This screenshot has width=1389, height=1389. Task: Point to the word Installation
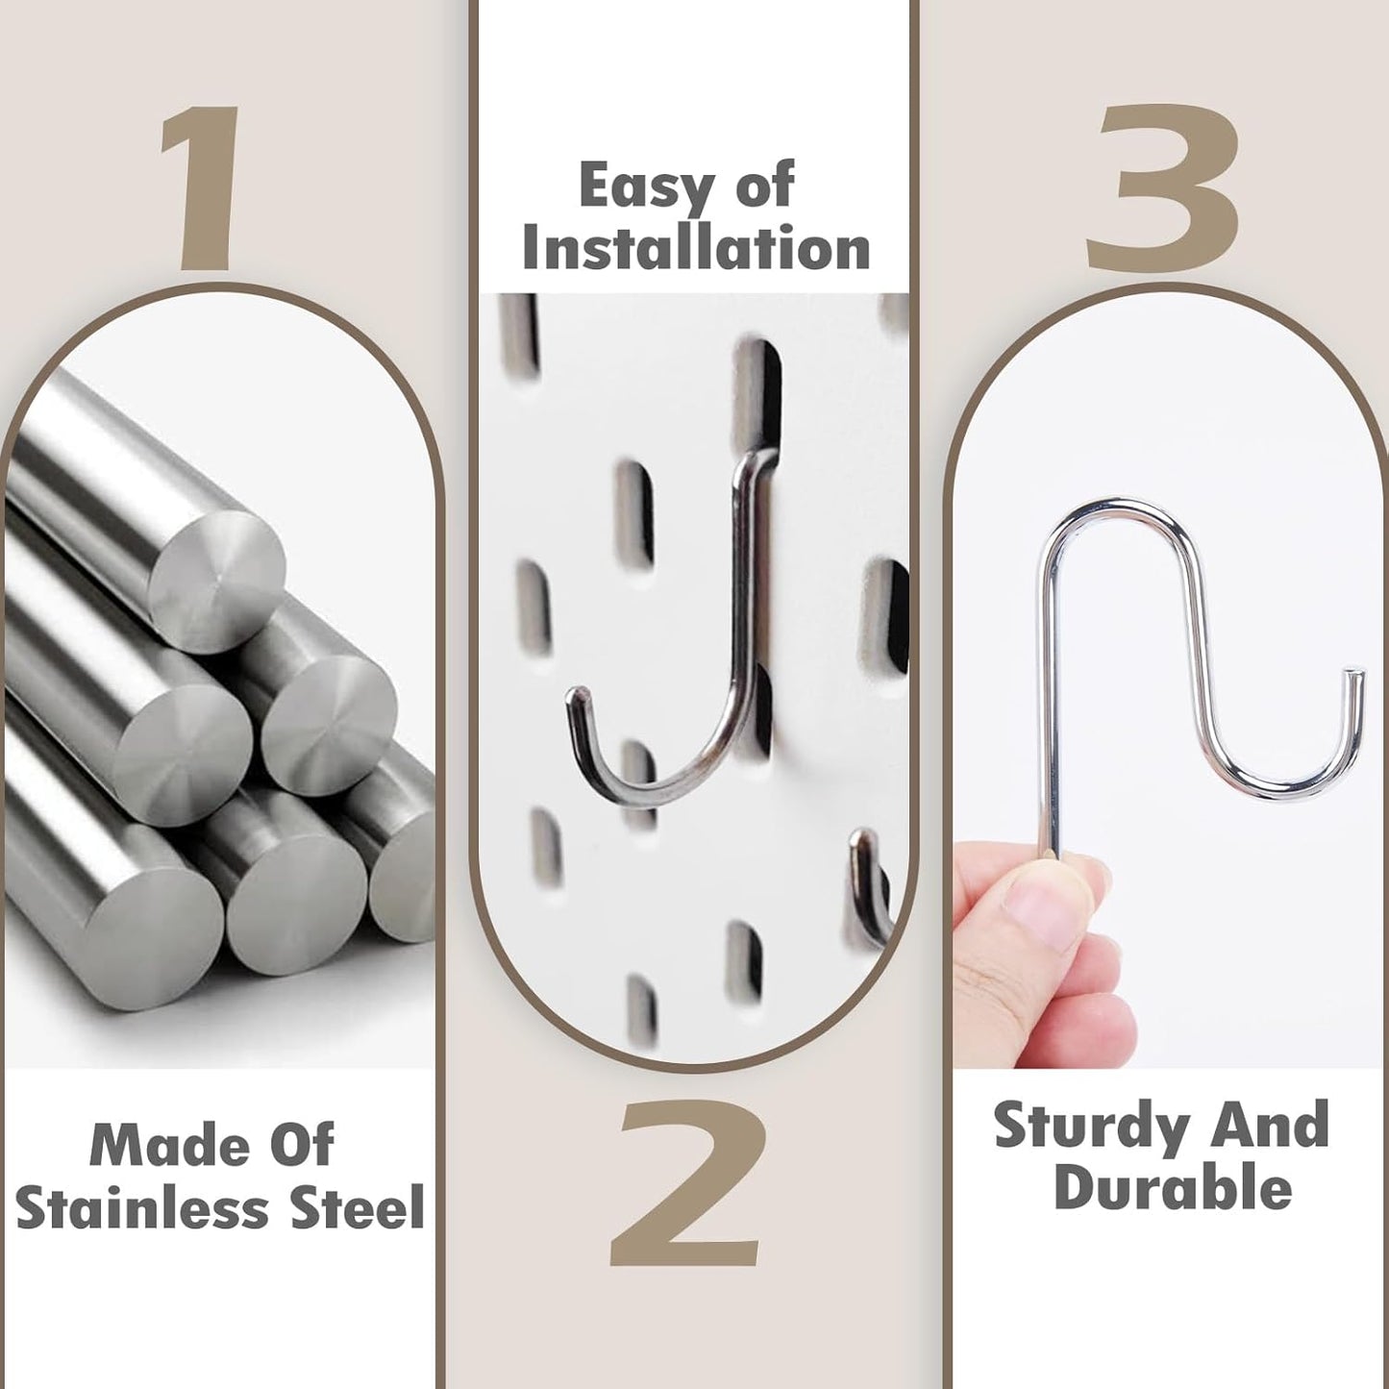(696, 248)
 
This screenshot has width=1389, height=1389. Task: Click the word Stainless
(141, 1209)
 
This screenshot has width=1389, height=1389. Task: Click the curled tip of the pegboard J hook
(577, 698)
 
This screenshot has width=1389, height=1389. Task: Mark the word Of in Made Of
(301, 1144)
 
